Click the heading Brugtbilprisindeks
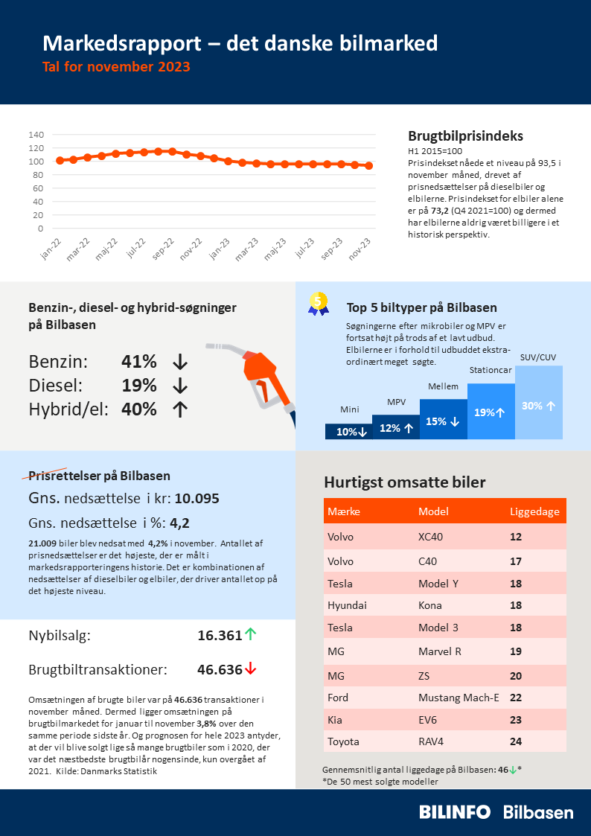[465, 136]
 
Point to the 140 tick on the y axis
[36, 135]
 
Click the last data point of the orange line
[369, 166]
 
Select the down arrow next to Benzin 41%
[179, 362]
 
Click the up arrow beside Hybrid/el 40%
[179, 409]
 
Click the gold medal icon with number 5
[319, 302]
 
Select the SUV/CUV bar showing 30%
[538, 406]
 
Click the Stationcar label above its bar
[491, 370]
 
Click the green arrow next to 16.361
[251, 635]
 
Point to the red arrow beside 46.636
[251, 669]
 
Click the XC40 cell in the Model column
[432, 537]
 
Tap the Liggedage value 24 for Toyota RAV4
[516, 741]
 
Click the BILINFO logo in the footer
[454, 812]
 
